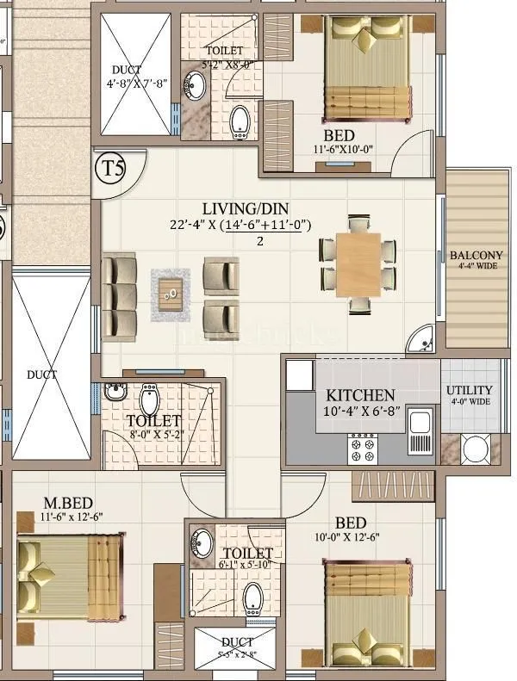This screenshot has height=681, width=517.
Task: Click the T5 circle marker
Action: pos(113,167)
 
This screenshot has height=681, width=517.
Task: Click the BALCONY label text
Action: pos(477,256)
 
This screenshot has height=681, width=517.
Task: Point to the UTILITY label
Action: pos(470,391)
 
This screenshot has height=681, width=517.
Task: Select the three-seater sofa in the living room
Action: pos(119,295)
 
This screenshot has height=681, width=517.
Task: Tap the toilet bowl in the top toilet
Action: pos(241,122)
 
